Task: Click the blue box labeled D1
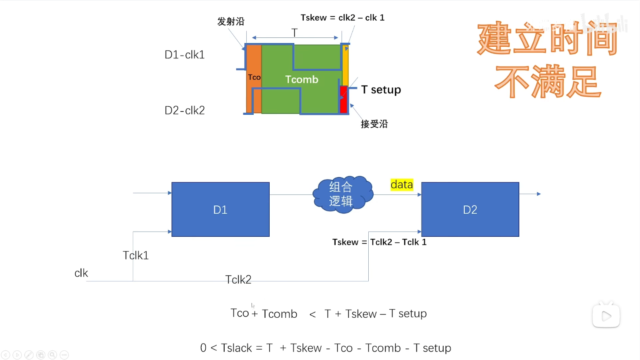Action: [x=220, y=209]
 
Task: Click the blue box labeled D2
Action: [x=470, y=209]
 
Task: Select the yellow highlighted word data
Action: [x=402, y=184]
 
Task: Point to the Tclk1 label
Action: [x=136, y=255]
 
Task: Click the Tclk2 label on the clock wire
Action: [x=238, y=279]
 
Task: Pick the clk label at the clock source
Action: [x=81, y=273]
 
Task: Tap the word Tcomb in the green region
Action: [x=301, y=80]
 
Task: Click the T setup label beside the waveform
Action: [x=381, y=89]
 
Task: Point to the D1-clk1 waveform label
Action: [x=185, y=55]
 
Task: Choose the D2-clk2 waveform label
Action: [x=185, y=110]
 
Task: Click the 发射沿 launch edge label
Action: [x=231, y=22]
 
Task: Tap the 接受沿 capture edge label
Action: [x=374, y=124]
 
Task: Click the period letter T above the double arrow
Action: [x=295, y=32]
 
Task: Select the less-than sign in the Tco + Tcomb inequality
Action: [x=312, y=314]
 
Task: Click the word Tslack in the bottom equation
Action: [x=236, y=348]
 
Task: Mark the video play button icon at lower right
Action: [x=606, y=316]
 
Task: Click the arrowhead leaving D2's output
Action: [x=539, y=194]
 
